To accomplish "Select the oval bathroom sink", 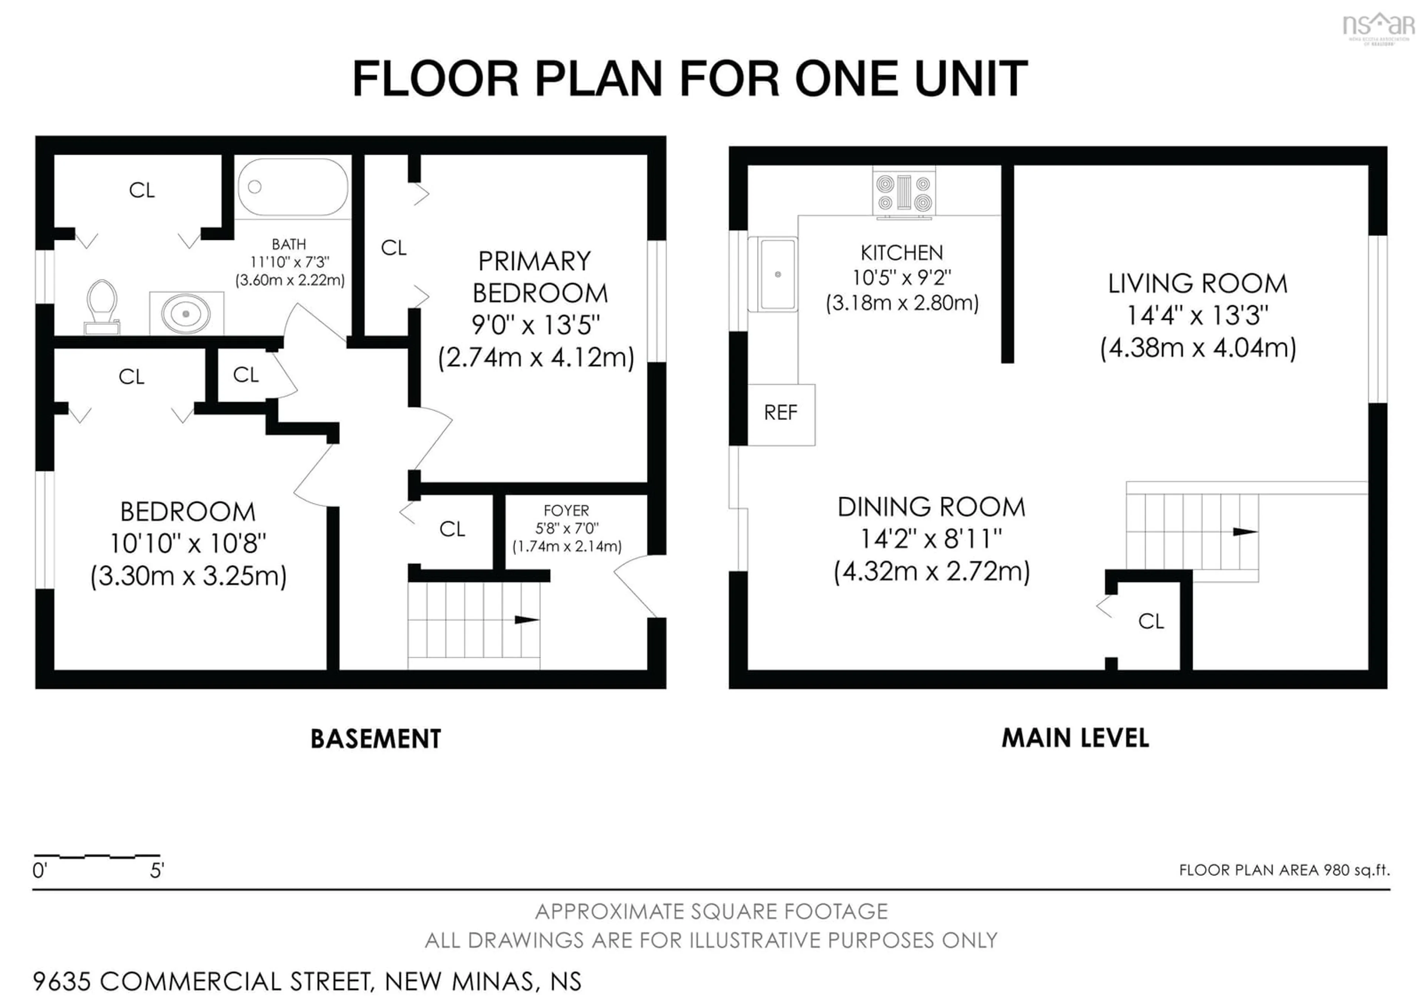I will [186, 313].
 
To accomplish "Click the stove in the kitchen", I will [904, 193].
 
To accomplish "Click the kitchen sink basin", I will [777, 274].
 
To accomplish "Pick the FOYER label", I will [566, 511].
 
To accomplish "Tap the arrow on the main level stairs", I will [1244, 532].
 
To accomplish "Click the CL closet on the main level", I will [1151, 621].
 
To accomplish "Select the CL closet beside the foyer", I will [452, 529].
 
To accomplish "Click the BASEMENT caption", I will [375, 739].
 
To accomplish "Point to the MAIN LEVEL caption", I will [1075, 738].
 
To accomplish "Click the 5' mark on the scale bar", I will [157, 871].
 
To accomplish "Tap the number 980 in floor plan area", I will [1336, 870].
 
